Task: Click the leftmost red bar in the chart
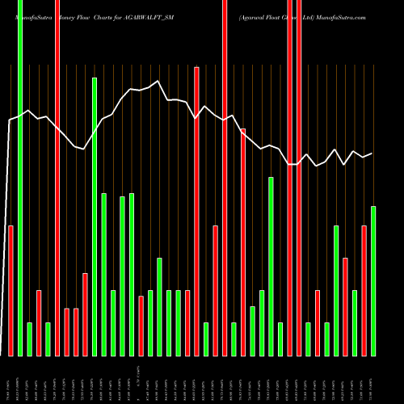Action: click(x=11, y=291)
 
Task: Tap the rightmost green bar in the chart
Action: click(x=373, y=281)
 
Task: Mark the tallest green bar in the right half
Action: click(x=271, y=267)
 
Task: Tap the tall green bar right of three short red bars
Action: click(x=95, y=217)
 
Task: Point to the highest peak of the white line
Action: click(x=159, y=81)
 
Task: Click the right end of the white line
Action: click(x=372, y=154)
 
